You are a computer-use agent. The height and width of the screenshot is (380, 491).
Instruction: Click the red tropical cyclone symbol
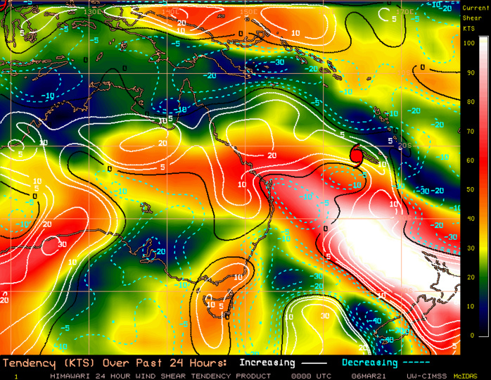click(x=356, y=154)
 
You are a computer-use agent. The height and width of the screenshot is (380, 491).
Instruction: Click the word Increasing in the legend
click(x=267, y=363)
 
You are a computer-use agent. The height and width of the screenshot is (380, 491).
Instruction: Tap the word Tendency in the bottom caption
click(x=27, y=363)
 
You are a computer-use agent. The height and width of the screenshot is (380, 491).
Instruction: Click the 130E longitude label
click(x=91, y=12)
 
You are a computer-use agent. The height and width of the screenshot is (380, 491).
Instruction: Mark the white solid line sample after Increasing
click(x=312, y=363)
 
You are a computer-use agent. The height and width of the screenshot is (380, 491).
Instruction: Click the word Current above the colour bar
click(x=474, y=8)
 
